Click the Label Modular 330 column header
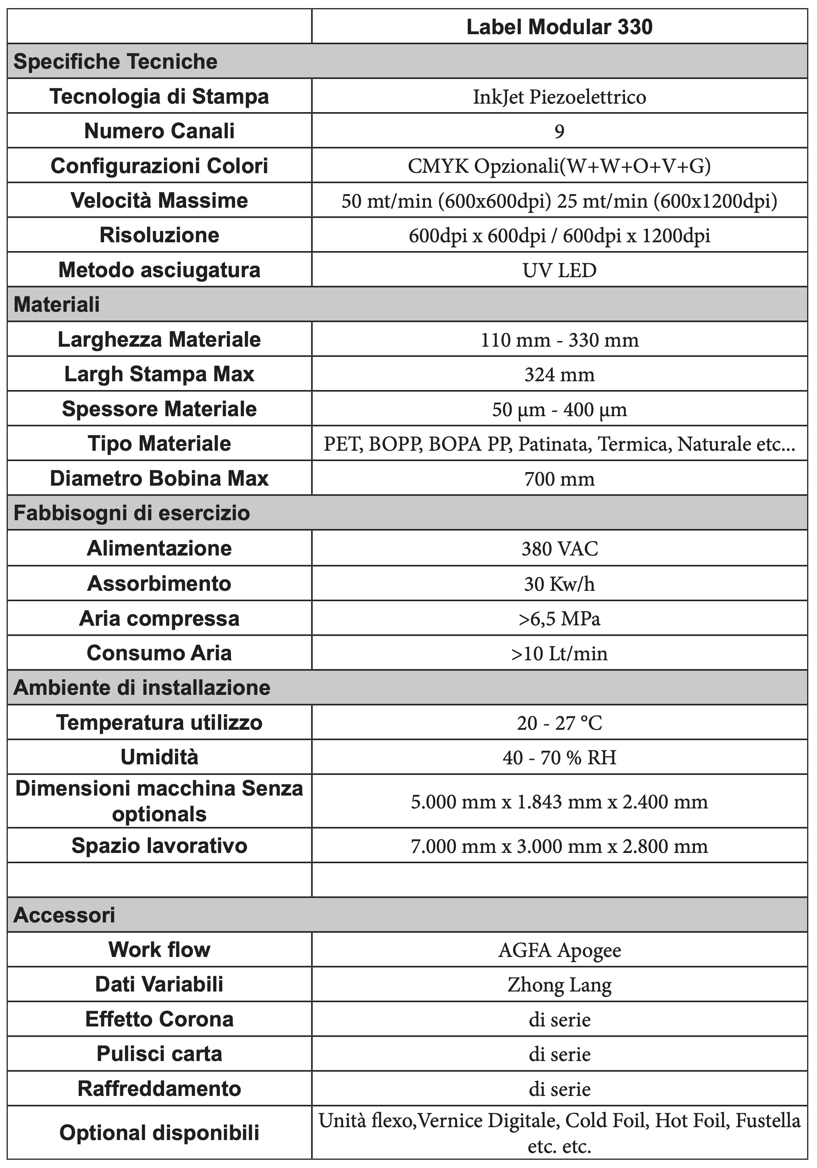(559, 27)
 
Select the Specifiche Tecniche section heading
(115, 61)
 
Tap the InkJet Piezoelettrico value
(559, 97)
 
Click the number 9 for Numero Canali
(559, 131)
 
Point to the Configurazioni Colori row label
(159, 166)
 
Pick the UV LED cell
(559, 270)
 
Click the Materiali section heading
(57, 305)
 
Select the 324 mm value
(559, 374)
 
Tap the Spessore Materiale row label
(159, 409)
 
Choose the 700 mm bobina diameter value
(559, 479)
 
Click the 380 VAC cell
(559, 549)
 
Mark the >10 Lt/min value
(559, 653)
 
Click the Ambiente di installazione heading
(142, 688)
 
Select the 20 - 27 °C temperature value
(559, 723)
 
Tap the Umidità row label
(159, 757)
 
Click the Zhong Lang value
(559, 985)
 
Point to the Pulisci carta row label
(159, 1054)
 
